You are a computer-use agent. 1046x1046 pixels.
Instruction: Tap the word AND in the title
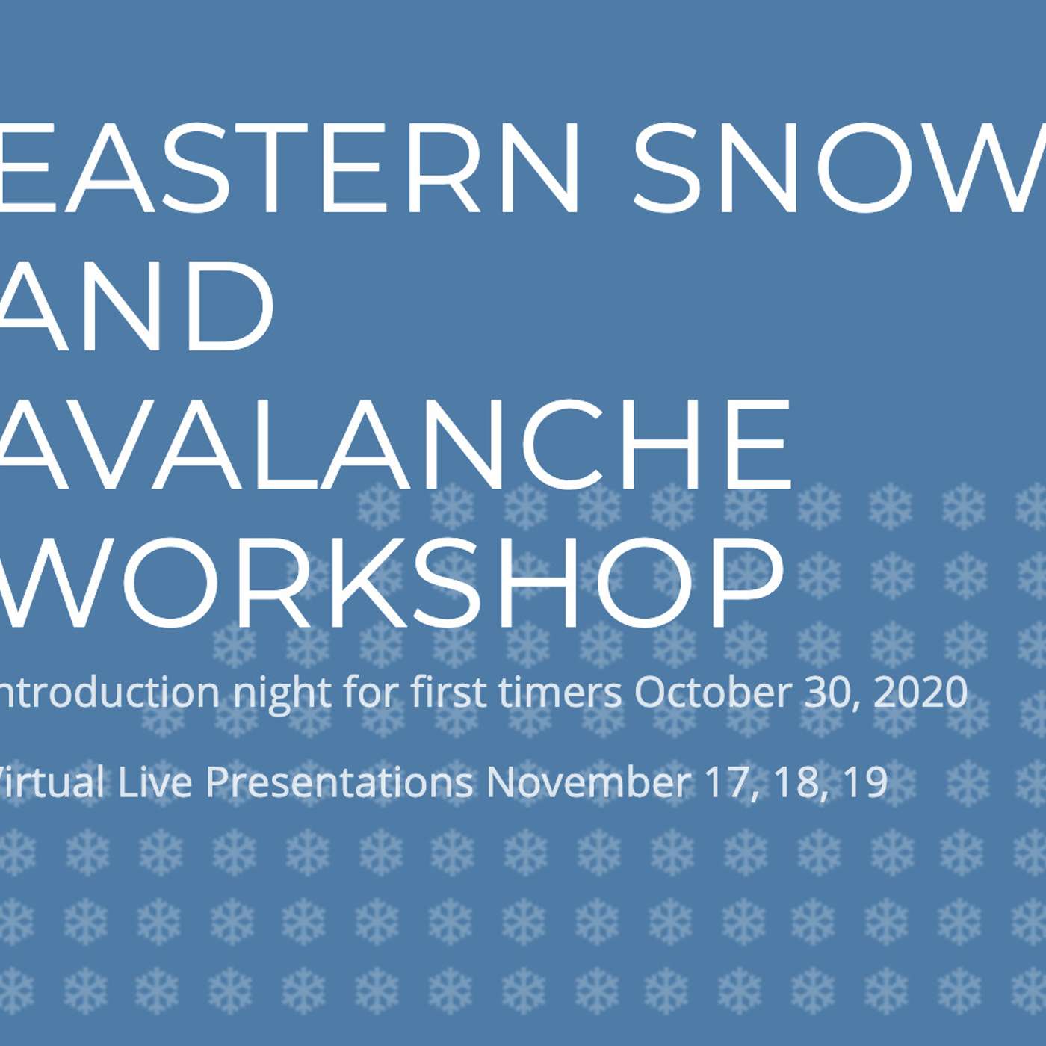[x=134, y=306]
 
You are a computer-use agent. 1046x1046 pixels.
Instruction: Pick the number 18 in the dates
[x=796, y=783]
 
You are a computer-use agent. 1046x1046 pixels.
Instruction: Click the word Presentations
[x=339, y=783]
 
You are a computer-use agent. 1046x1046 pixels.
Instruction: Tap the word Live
[x=156, y=783]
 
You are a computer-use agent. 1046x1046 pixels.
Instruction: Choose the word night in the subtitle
[x=282, y=694]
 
